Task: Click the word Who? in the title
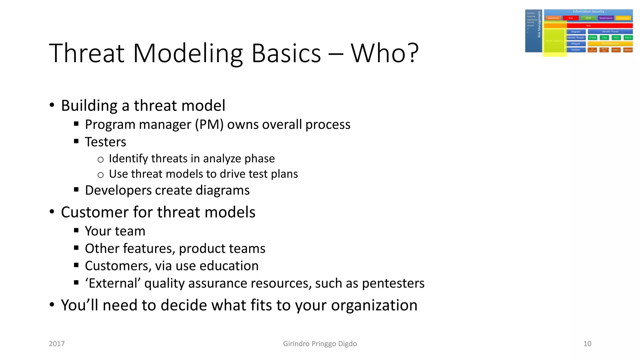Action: [384, 53]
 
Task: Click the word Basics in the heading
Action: [286, 53]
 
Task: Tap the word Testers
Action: [105, 142]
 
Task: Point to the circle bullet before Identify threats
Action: [100, 160]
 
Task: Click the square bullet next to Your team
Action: [76, 231]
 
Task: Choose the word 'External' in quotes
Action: [113, 283]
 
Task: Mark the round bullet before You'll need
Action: [52, 304]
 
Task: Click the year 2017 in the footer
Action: [57, 344]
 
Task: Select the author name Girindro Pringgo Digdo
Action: [320, 344]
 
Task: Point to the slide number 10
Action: [587, 344]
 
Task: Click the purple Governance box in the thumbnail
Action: [606, 18]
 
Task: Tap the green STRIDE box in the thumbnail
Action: [592, 37]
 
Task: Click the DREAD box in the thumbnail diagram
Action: [628, 50]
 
